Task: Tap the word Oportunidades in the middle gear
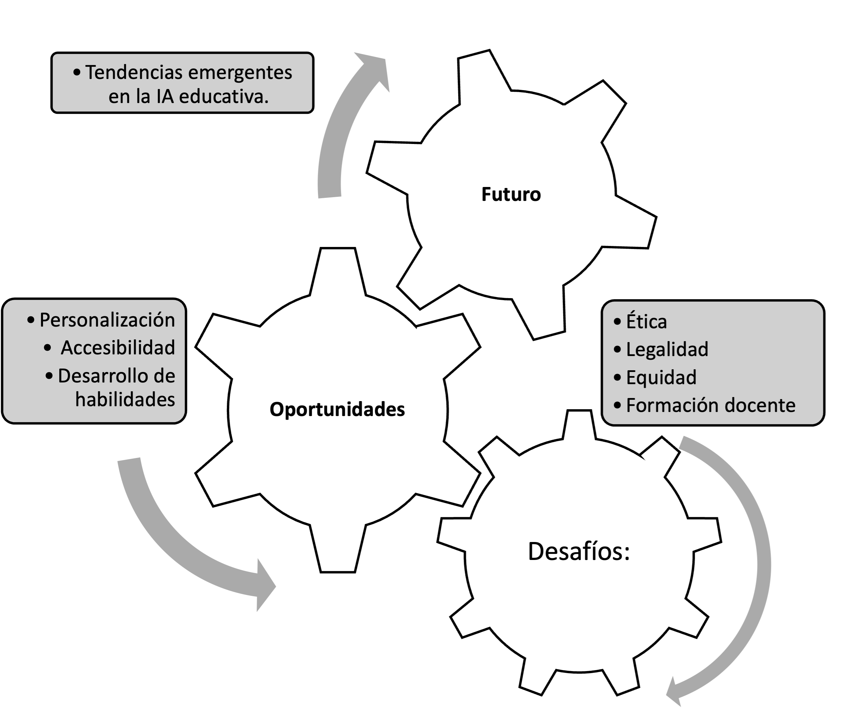(x=337, y=410)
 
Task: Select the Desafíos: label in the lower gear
(x=579, y=551)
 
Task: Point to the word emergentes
(x=239, y=74)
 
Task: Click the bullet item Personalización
(x=107, y=320)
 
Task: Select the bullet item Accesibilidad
(x=118, y=348)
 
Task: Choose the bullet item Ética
(x=646, y=321)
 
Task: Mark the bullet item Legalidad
(x=667, y=349)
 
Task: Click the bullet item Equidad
(x=661, y=377)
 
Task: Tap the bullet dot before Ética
(x=617, y=321)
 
